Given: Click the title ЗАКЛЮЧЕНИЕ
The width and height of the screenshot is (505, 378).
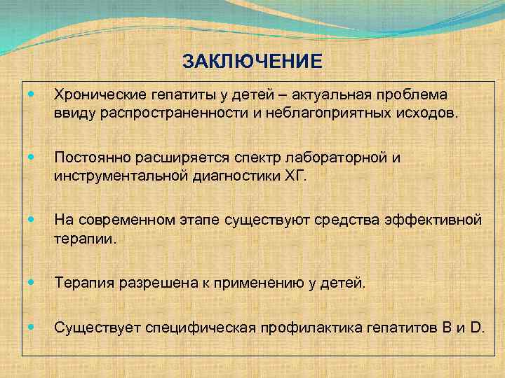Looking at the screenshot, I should point(252,62).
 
